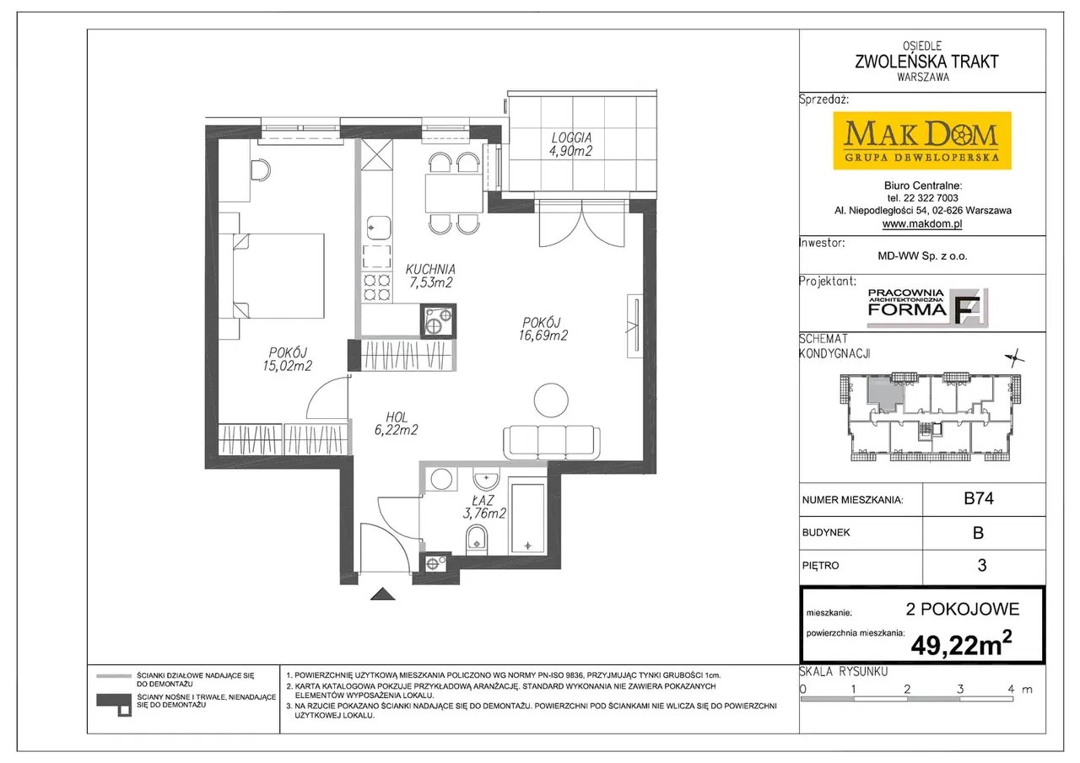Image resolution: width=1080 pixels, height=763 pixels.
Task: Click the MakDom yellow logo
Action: tap(922, 141)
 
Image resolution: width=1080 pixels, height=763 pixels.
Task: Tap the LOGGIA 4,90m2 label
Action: tap(571, 144)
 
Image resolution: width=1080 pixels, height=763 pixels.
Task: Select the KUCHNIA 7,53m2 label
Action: tap(430, 276)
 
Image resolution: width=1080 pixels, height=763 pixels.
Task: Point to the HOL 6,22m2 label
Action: tap(397, 424)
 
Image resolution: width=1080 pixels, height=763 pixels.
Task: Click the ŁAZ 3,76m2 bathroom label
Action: tap(484, 508)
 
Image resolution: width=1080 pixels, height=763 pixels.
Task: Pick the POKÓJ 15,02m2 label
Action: tap(288, 359)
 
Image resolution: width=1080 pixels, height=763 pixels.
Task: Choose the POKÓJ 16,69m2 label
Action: tap(543, 329)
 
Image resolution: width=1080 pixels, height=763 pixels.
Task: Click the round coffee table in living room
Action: tap(551, 400)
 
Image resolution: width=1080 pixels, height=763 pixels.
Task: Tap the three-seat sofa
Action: tap(552, 442)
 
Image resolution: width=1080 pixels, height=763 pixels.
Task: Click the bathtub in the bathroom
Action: tap(528, 519)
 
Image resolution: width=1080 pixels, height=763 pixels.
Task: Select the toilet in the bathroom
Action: tap(477, 539)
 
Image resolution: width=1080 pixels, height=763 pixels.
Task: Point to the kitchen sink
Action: tap(379, 228)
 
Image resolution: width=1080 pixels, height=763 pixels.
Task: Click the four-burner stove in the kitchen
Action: tap(376, 287)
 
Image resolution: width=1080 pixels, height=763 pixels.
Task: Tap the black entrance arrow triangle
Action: tap(383, 594)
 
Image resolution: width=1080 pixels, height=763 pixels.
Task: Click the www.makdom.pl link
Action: tap(922, 223)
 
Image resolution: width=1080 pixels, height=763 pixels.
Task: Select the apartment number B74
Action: tap(979, 498)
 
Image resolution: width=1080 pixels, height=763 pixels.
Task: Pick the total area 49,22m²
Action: tap(961, 644)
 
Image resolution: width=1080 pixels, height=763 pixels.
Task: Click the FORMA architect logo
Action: tap(927, 308)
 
